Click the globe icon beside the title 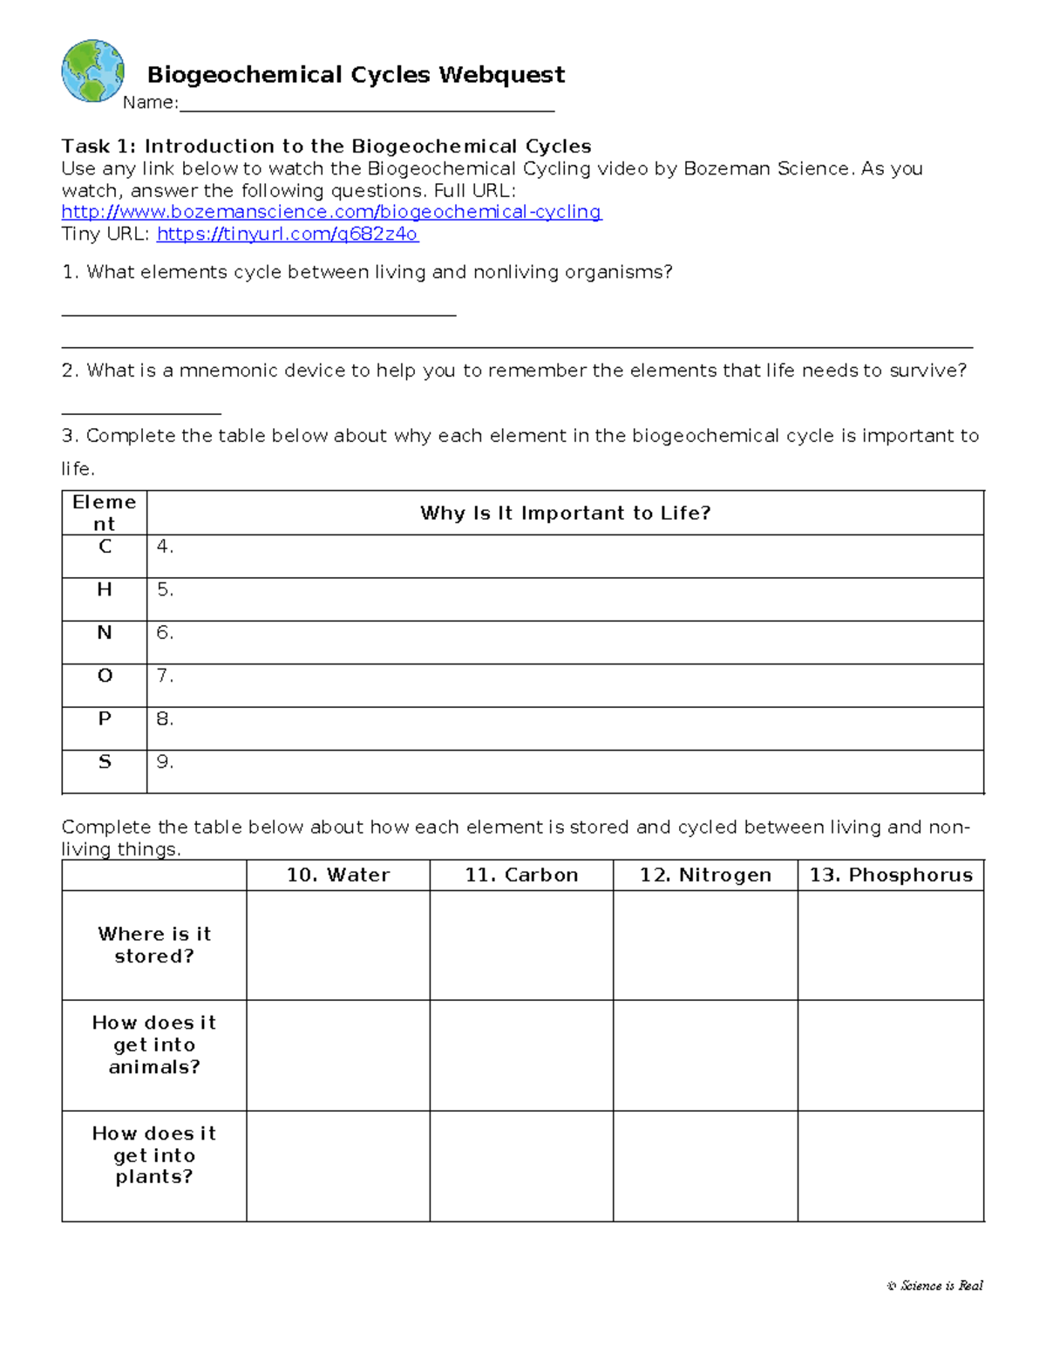(x=92, y=71)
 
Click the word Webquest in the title (x=501, y=75)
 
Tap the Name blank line (x=366, y=105)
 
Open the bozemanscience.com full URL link (x=331, y=212)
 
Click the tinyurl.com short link (x=287, y=235)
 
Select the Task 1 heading (x=326, y=146)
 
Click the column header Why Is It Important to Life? (x=565, y=513)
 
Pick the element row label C (x=105, y=547)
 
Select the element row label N (x=105, y=633)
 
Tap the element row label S (x=105, y=762)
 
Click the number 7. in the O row (x=165, y=676)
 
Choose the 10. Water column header (x=338, y=875)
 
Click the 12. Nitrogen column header (x=705, y=875)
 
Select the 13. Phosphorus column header (x=891, y=875)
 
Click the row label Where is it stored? (x=154, y=945)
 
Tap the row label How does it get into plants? (x=154, y=1155)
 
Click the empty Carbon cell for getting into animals (x=521, y=1055)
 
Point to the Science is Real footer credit (x=935, y=1285)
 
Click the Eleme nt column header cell (x=105, y=513)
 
